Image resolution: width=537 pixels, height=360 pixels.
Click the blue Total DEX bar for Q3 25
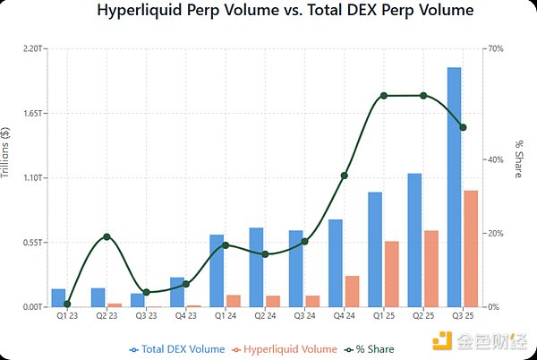tap(454, 187)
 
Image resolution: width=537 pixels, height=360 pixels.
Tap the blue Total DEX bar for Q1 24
tap(217, 270)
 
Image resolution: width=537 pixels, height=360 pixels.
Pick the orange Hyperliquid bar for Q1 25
tap(391, 274)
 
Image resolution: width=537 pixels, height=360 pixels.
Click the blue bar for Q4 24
tap(336, 263)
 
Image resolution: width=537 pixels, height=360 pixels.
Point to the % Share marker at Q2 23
tap(107, 236)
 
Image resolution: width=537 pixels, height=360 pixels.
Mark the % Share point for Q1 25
tap(383, 96)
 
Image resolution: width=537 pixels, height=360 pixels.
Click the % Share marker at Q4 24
tap(344, 176)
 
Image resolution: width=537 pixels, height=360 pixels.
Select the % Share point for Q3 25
tap(462, 127)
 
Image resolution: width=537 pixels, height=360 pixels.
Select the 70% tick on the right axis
tap(496, 49)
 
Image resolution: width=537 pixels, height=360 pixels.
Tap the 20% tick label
tap(496, 234)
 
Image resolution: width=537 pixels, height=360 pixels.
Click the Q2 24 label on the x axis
tap(264, 315)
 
